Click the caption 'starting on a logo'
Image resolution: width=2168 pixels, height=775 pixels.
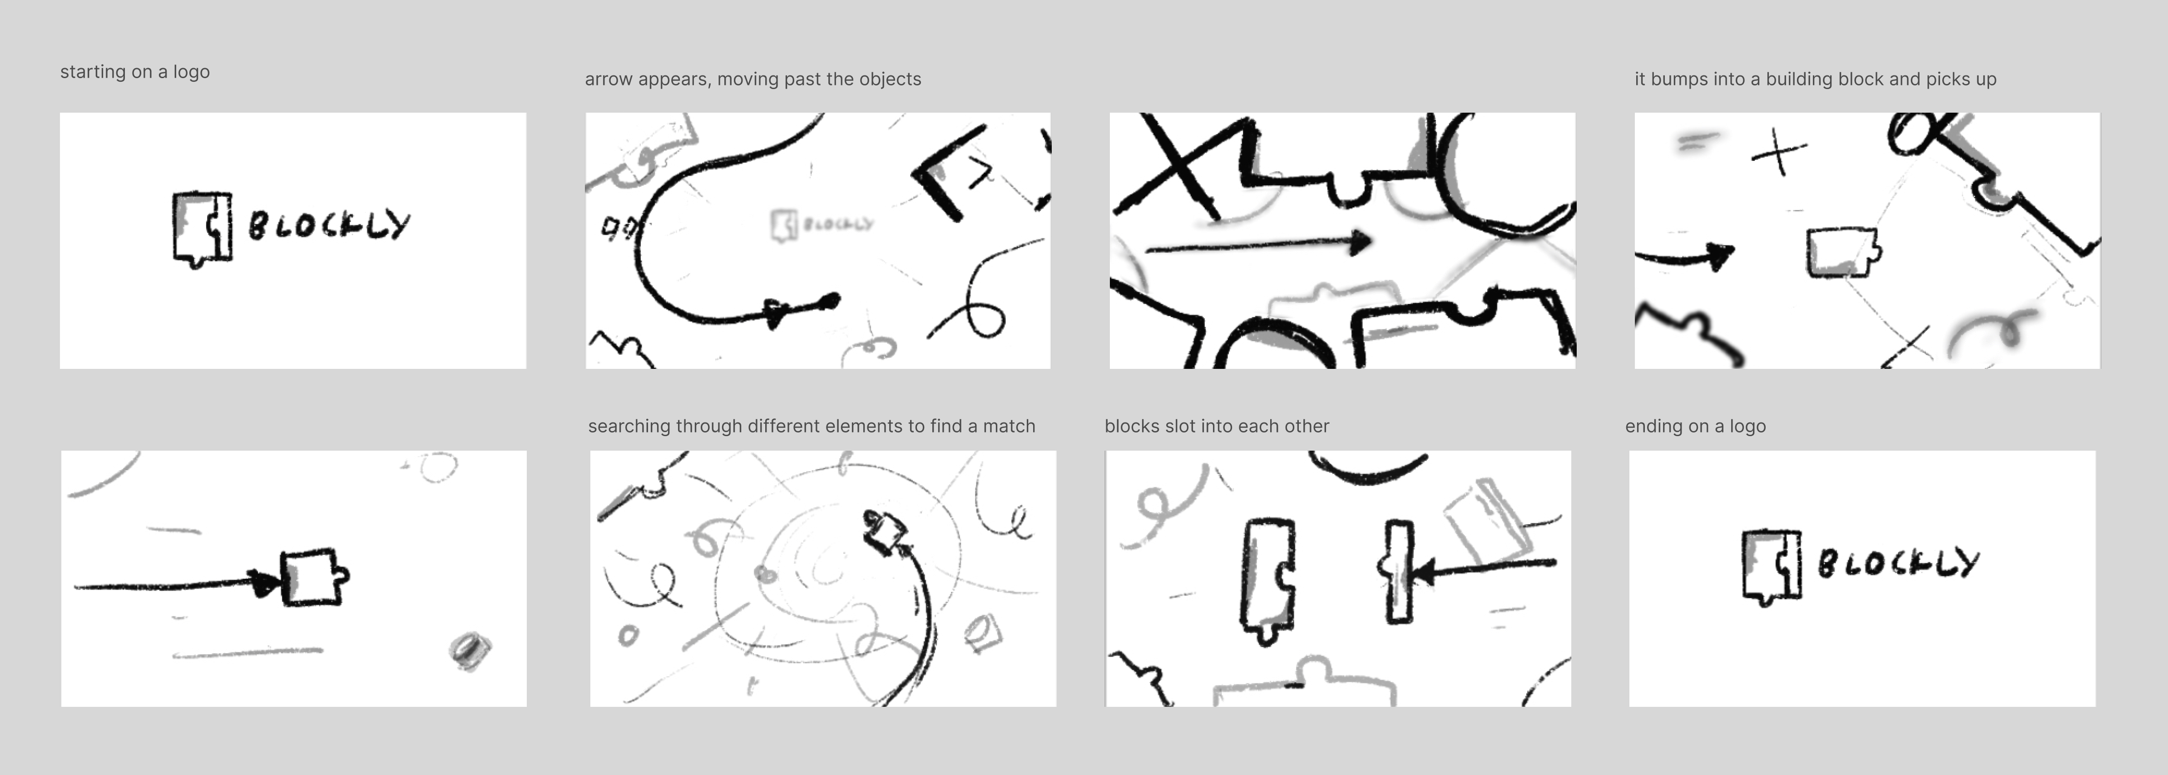(x=135, y=72)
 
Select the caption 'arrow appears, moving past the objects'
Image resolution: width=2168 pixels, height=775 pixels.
(x=752, y=79)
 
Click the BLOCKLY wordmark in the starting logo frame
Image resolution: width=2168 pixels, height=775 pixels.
(x=329, y=225)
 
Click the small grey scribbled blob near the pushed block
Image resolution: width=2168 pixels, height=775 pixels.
(x=470, y=651)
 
